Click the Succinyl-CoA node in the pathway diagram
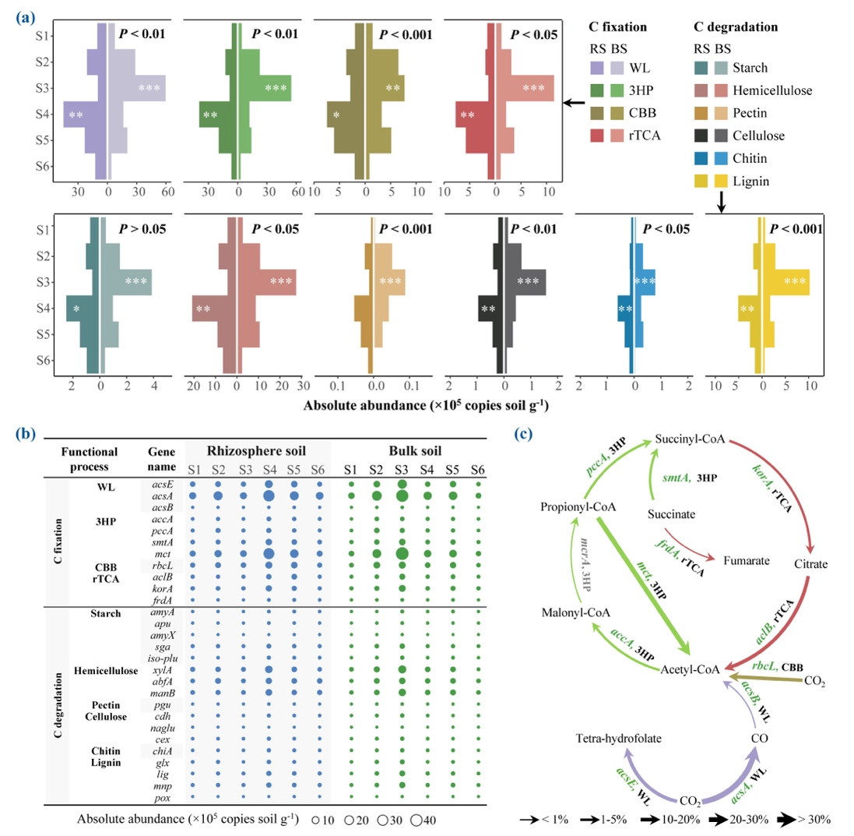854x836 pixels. (x=691, y=440)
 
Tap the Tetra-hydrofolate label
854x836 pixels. (x=618, y=736)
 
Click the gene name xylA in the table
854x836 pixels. (x=163, y=669)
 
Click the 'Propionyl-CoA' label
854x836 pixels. (x=576, y=507)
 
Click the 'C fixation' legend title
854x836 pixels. (x=618, y=26)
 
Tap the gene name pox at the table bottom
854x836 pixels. (x=163, y=798)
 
